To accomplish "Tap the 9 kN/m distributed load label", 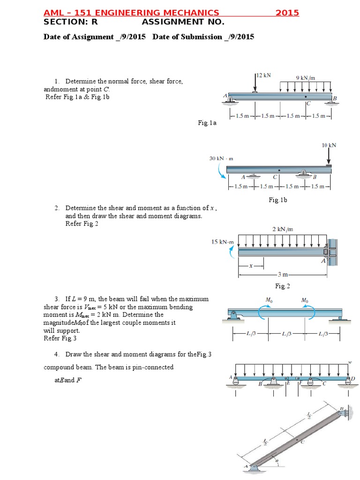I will (305, 77).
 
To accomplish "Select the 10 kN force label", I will (329, 145).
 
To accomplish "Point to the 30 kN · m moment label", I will (221, 158).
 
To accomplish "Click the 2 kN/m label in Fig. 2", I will (283, 229).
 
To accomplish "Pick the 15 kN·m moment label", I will (222, 242).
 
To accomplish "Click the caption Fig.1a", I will (207, 123).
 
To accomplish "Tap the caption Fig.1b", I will (277, 200).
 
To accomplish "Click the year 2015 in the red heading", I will (287, 13).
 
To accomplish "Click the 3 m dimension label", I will (282, 274).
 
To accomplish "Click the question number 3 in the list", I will (56, 299).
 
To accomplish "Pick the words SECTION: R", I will (70, 22).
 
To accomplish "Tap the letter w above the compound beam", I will (350, 362).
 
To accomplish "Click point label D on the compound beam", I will (353, 378).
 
